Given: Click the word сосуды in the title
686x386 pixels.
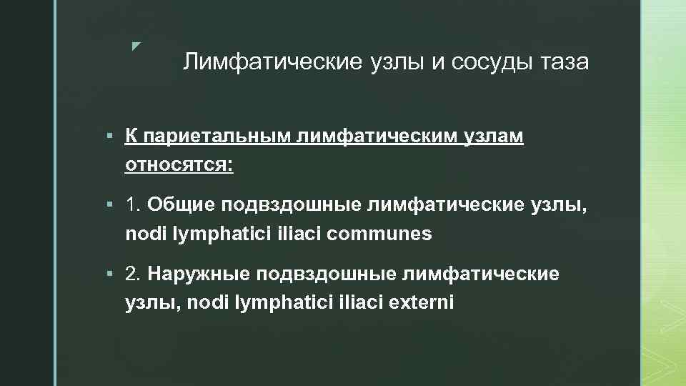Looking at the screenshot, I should (x=490, y=63).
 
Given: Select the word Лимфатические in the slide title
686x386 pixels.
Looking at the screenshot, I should (x=273, y=63).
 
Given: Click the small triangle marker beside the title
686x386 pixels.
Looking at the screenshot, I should (x=136, y=46).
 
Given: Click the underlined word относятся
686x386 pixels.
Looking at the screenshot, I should (x=179, y=164).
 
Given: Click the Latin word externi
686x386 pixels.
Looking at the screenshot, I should (x=422, y=302).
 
